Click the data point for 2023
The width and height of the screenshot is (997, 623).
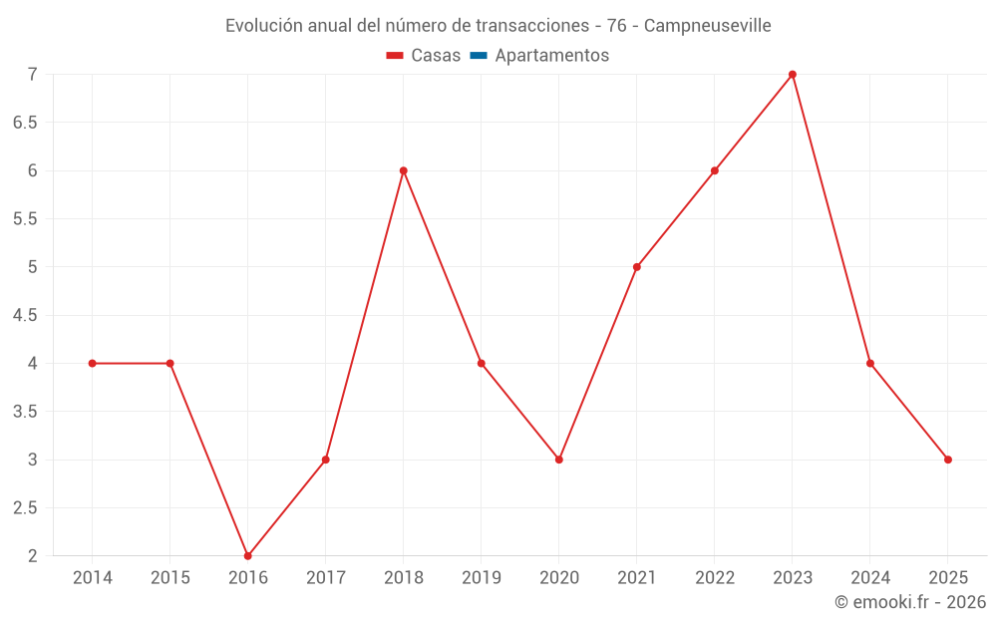coord(793,75)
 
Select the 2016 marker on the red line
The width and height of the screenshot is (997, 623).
coord(248,556)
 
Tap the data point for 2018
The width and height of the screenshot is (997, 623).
coord(404,170)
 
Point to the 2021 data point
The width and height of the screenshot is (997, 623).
coord(637,267)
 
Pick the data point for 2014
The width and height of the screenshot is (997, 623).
coord(93,363)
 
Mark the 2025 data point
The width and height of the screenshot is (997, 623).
coord(948,460)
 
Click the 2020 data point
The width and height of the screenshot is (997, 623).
coord(559,460)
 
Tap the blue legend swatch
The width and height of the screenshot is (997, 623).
coord(479,56)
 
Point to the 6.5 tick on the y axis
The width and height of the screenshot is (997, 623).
coord(25,123)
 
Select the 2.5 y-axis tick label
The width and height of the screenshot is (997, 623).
coord(25,508)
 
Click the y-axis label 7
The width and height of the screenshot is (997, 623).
coord(32,75)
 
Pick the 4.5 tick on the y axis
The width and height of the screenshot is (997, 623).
coord(25,315)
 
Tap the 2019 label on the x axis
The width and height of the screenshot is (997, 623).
coord(482,578)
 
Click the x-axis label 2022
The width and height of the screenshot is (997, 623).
coord(715,578)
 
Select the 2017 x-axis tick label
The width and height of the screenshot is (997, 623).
coord(326,578)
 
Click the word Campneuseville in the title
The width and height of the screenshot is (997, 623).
coord(708,26)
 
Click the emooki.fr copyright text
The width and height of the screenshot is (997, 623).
coord(910,602)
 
